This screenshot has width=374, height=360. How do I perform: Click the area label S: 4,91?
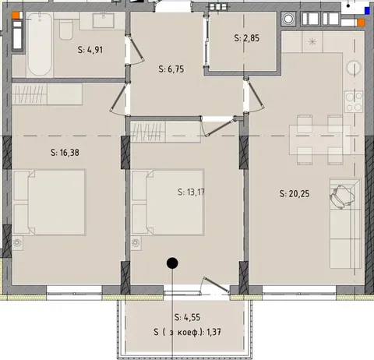[90, 50]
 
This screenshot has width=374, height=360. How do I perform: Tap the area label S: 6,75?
[171, 69]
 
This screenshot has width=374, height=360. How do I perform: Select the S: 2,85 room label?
[246, 38]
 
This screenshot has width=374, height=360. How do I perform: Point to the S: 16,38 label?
[65, 153]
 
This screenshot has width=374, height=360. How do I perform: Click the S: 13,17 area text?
[191, 192]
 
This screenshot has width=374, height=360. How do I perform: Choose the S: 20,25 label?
[295, 193]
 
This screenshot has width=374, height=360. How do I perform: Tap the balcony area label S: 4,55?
[187, 317]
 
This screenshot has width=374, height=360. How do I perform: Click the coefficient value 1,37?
[213, 332]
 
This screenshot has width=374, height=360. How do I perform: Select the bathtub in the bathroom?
[39, 44]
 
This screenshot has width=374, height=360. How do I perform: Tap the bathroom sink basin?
[104, 20]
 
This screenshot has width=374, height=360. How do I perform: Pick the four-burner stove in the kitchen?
[354, 101]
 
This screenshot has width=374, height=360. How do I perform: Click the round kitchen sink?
[354, 68]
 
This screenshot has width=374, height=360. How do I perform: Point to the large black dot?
[172, 263]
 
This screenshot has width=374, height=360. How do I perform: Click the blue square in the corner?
[367, 11]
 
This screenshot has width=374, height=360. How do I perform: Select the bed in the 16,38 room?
[50, 203]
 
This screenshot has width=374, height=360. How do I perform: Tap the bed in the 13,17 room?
[168, 203]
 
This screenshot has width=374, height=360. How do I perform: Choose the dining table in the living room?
[320, 139]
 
